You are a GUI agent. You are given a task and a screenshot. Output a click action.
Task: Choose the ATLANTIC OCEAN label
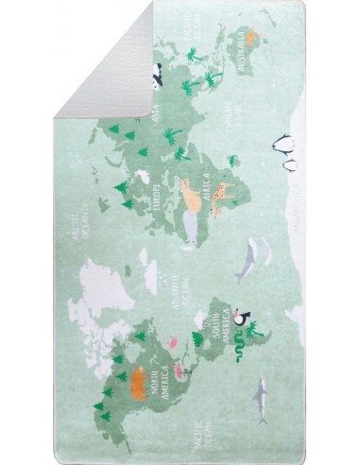(176, 280)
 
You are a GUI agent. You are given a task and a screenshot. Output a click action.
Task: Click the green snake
(242, 349)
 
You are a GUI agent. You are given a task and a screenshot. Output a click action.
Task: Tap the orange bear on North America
(139, 379)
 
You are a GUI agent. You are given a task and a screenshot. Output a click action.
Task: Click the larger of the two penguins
(283, 145)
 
